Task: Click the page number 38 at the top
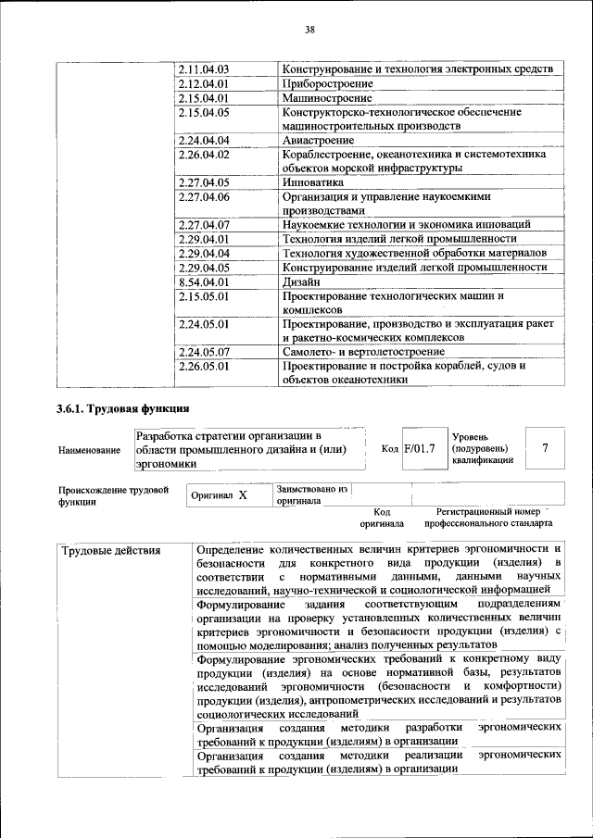click(310, 30)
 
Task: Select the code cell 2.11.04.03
click(204, 69)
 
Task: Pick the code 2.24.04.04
click(204, 140)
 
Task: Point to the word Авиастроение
click(318, 140)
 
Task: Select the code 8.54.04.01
click(204, 281)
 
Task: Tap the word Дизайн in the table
click(302, 281)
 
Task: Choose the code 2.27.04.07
click(204, 225)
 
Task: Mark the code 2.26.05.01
click(204, 366)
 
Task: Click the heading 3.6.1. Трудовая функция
click(122, 408)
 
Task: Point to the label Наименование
click(89, 450)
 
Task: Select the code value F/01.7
click(420, 449)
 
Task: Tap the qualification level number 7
click(546, 448)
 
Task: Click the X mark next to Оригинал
click(243, 495)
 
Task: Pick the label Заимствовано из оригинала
click(310, 494)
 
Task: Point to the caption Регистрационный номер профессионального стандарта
click(488, 517)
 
